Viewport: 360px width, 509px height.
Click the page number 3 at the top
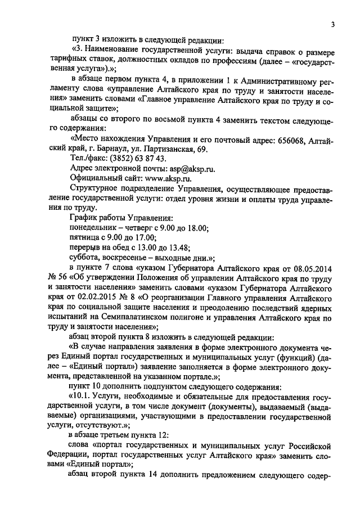(x=332, y=24)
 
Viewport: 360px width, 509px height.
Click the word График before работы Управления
(x=83, y=218)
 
